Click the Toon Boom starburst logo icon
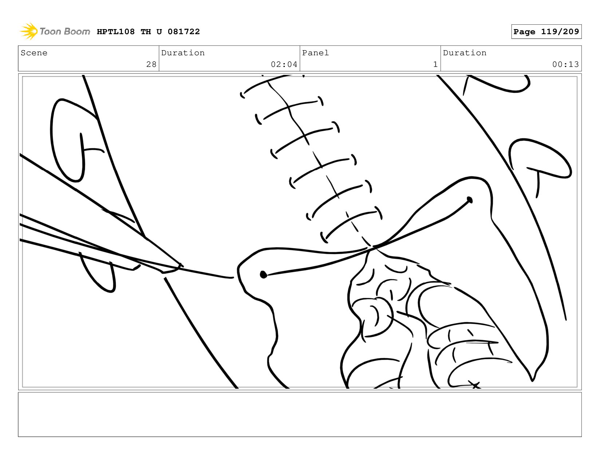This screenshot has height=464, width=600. pos(29,31)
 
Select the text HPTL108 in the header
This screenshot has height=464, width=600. pos(116,32)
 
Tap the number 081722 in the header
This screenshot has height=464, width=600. pos(183,32)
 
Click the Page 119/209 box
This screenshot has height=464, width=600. pos(546,32)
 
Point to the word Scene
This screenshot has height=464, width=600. pos(34,53)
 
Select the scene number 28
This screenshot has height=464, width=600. pos(151,64)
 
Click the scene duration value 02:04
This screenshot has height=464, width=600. pos(284,64)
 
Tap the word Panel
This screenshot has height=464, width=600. pos(315,53)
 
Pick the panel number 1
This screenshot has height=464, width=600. pos(435,64)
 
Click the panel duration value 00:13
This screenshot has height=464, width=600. pos(565,64)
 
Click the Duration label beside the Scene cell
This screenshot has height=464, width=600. pos(183,53)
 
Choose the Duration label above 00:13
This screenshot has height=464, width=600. pos(465,53)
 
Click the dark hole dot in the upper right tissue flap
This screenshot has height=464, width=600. pos(469,200)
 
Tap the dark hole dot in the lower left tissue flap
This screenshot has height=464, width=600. pos(263,275)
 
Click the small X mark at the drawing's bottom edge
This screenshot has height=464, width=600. pos(474,385)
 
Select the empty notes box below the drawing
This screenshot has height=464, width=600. pos(300,415)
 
